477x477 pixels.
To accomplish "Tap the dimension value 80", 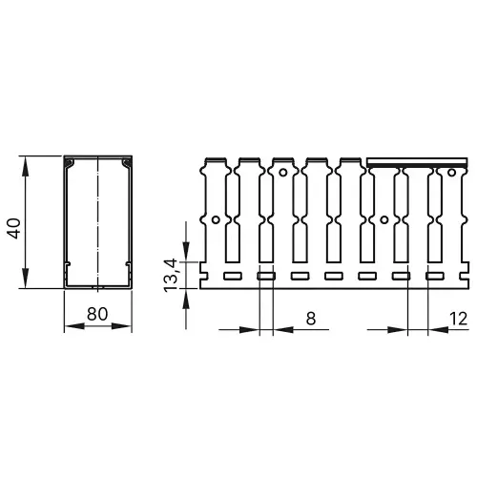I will pos(96,313).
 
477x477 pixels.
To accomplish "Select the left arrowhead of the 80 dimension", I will pos(70,326).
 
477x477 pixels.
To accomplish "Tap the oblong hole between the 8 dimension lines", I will pos(266,276).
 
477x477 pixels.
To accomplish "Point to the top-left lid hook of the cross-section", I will pos(70,165).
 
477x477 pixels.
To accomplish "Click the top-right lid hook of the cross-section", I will pos(125,165).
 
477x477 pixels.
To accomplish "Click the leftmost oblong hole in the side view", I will pos(232,276).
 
